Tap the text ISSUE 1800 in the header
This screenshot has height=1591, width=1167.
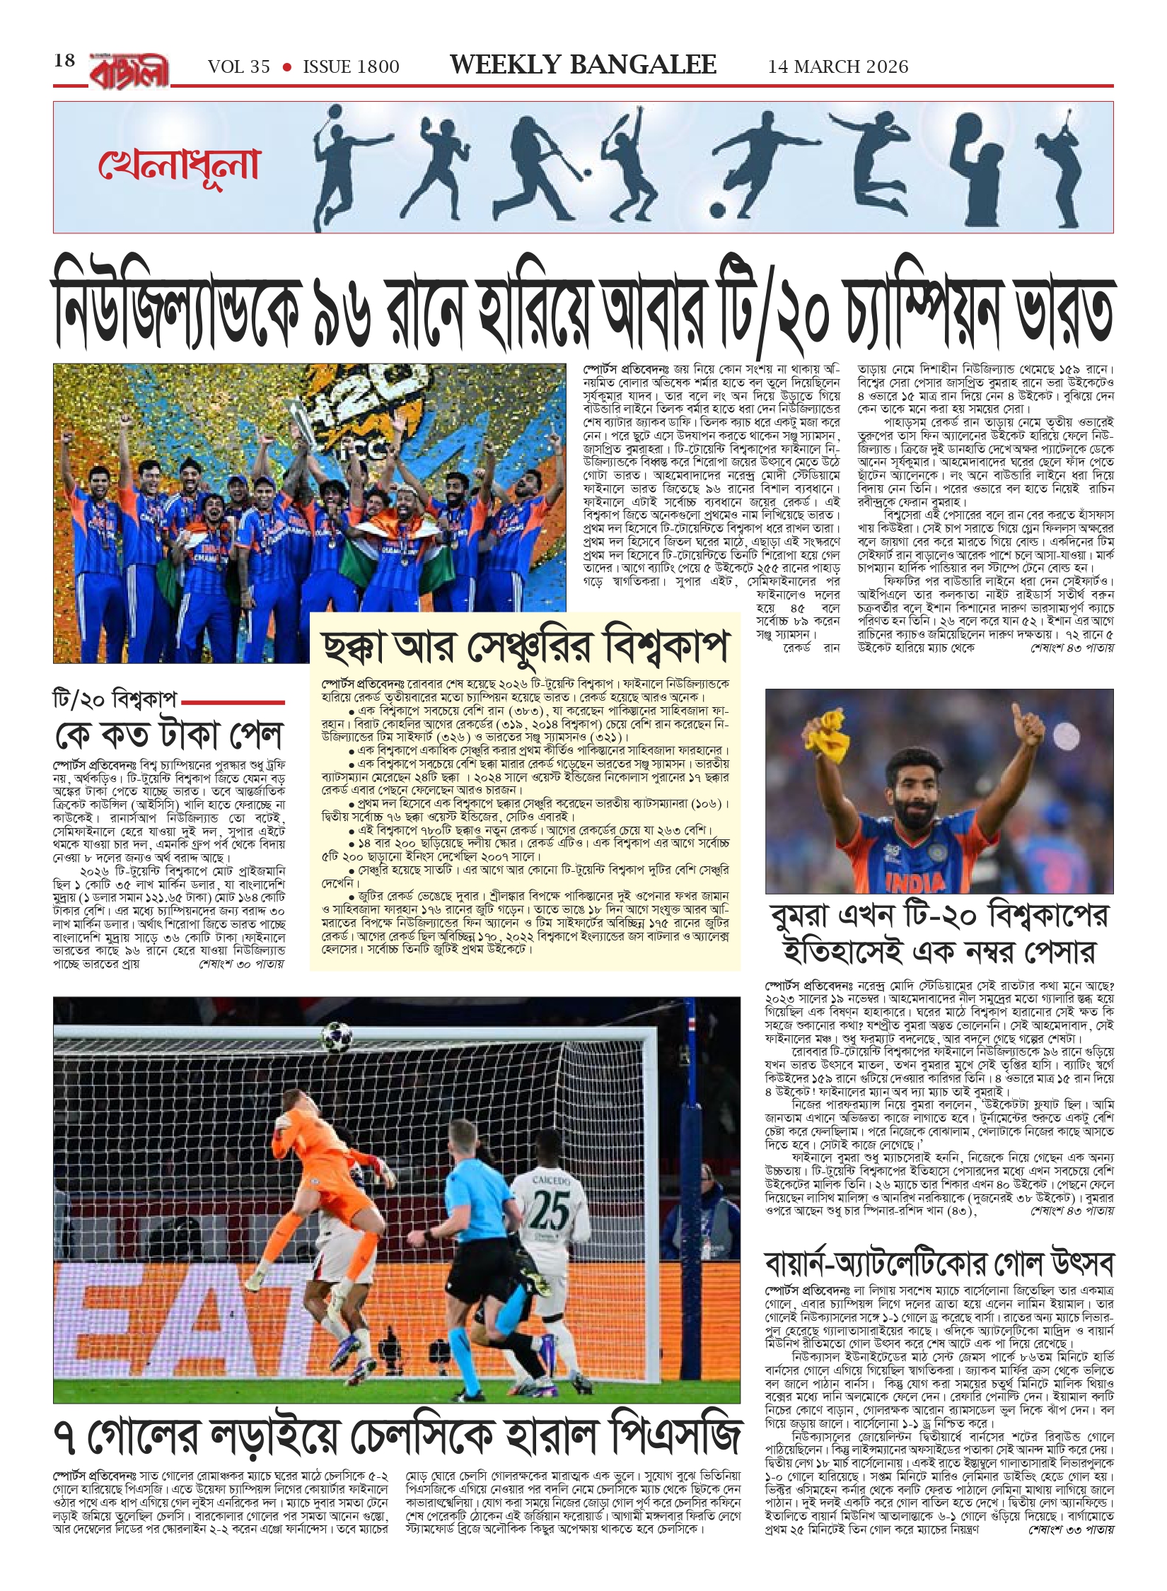[x=351, y=67]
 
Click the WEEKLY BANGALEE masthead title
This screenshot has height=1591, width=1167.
[x=583, y=65]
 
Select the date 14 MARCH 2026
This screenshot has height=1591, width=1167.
[x=838, y=67]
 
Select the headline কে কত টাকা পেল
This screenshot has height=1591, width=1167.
[x=169, y=735]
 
